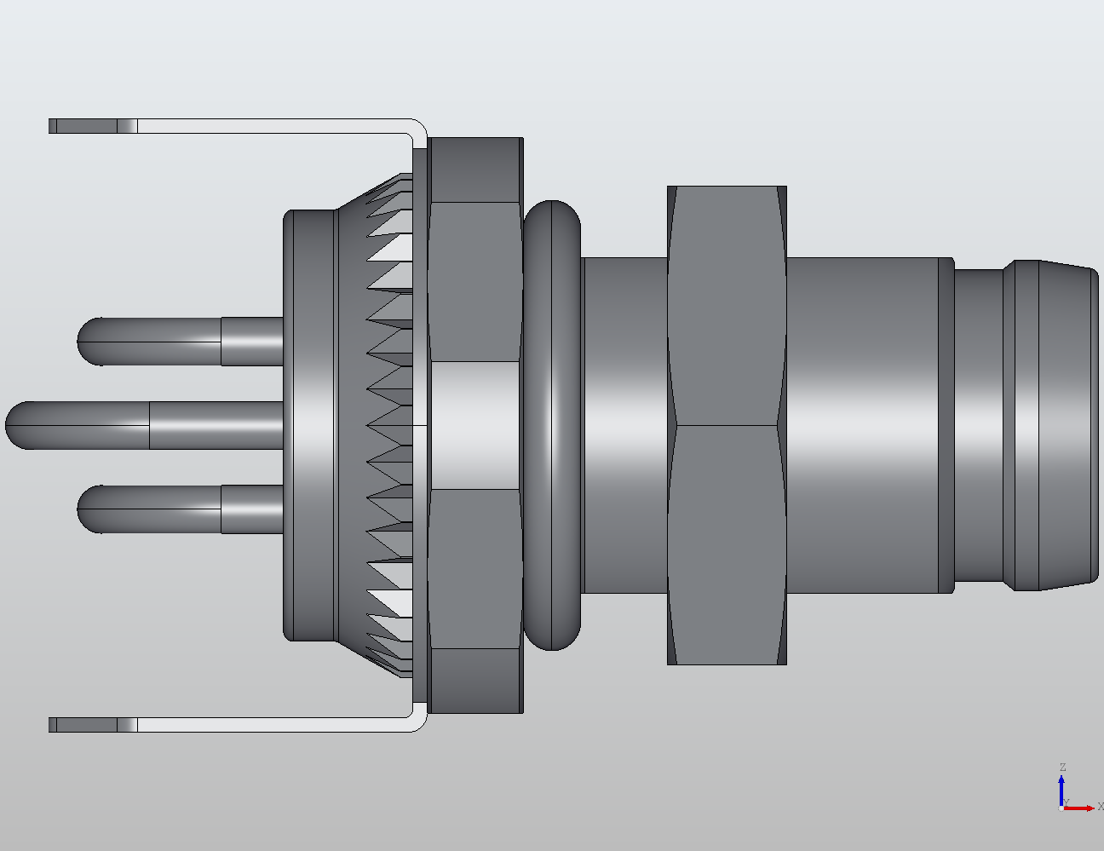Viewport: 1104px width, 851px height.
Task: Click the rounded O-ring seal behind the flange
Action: pos(552,425)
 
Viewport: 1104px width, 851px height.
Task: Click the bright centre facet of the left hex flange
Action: pos(475,425)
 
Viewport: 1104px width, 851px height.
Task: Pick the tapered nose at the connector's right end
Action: pos(1069,425)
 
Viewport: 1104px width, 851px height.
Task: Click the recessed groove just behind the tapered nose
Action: pos(979,425)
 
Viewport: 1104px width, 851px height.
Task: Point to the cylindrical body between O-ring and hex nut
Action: pos(624,425)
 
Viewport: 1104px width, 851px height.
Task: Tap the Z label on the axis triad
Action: pos(1062,768)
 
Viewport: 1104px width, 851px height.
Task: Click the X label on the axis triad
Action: pos(1100,806)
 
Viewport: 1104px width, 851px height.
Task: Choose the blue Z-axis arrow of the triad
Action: pos(1062,788)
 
